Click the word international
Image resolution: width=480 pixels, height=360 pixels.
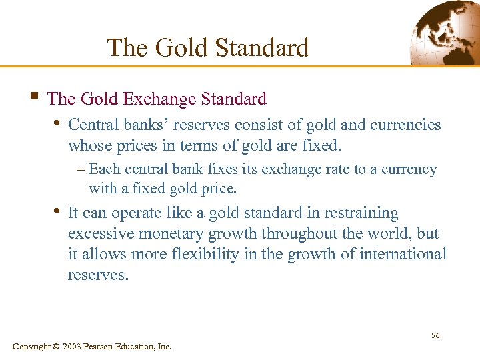403,254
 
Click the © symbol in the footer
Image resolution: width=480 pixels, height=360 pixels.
55,347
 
